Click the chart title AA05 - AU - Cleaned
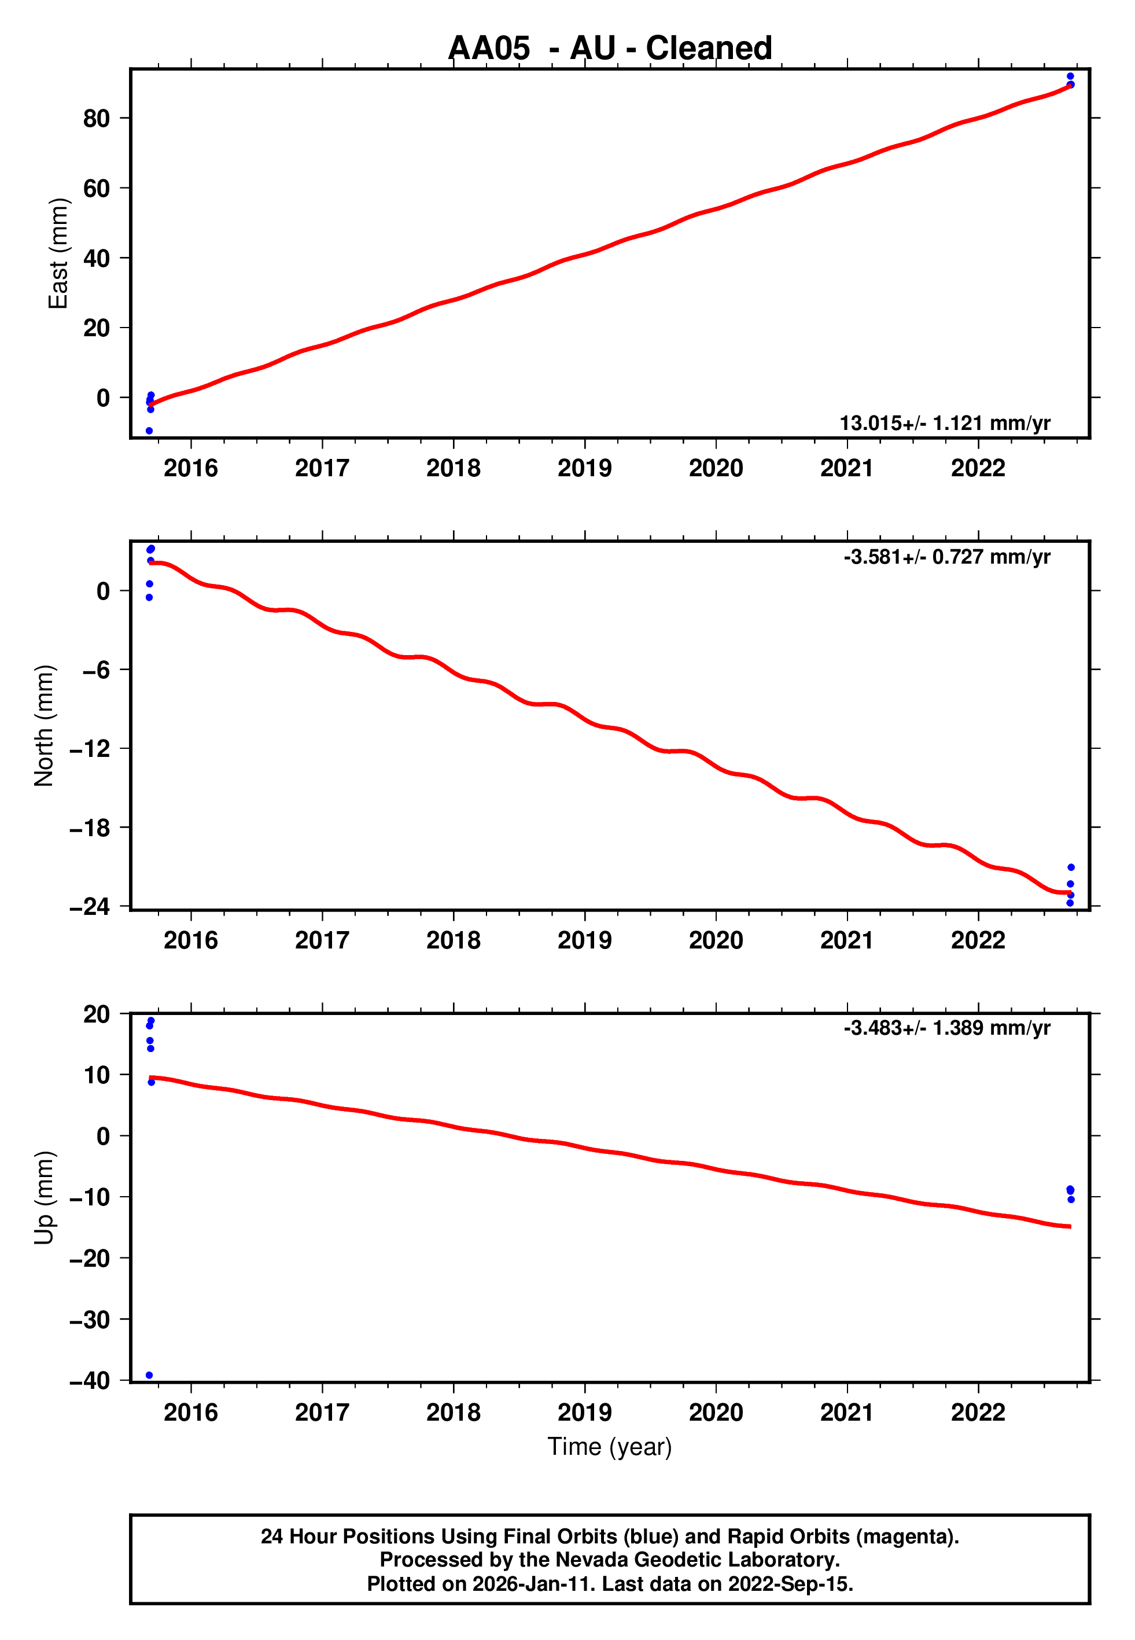pos(610,49)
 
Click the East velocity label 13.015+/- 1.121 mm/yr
pos(945,423)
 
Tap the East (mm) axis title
pos(58,254)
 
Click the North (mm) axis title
pos(44,726)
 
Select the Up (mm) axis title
pos(44,1198)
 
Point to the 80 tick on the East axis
pos(96,118)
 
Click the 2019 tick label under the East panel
pos(585,468)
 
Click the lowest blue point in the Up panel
pos(149,1376)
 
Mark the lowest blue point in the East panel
pos(149,431)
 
